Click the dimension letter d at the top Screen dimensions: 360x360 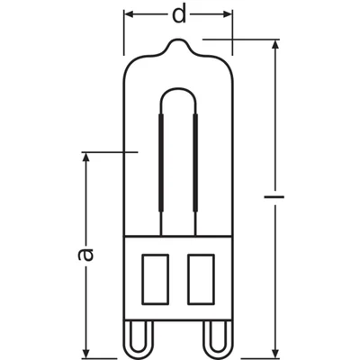pyautogui.click(x=179, y=15)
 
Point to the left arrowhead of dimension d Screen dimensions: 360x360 pyautogui.click(x=129, y=15)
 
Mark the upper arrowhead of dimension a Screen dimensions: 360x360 pyautogui.click(x=86, y=158)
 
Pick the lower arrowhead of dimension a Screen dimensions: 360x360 pyautogui.click(x=86, y=351)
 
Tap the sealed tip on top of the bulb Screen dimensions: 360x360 pyautogui.click(x=177, y=42)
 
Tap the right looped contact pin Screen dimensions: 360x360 pyautogui.click(x=213, y=337)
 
